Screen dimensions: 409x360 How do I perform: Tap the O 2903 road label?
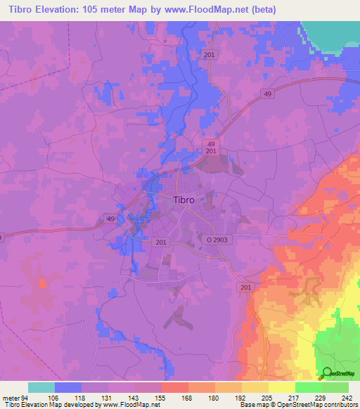218,240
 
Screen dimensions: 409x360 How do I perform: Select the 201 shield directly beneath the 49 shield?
212,151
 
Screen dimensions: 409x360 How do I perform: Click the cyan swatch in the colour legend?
41,387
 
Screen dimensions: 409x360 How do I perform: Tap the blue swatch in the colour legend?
67,387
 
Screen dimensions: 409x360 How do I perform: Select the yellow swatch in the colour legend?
281,387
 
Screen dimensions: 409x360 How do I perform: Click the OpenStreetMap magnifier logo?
326,373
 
